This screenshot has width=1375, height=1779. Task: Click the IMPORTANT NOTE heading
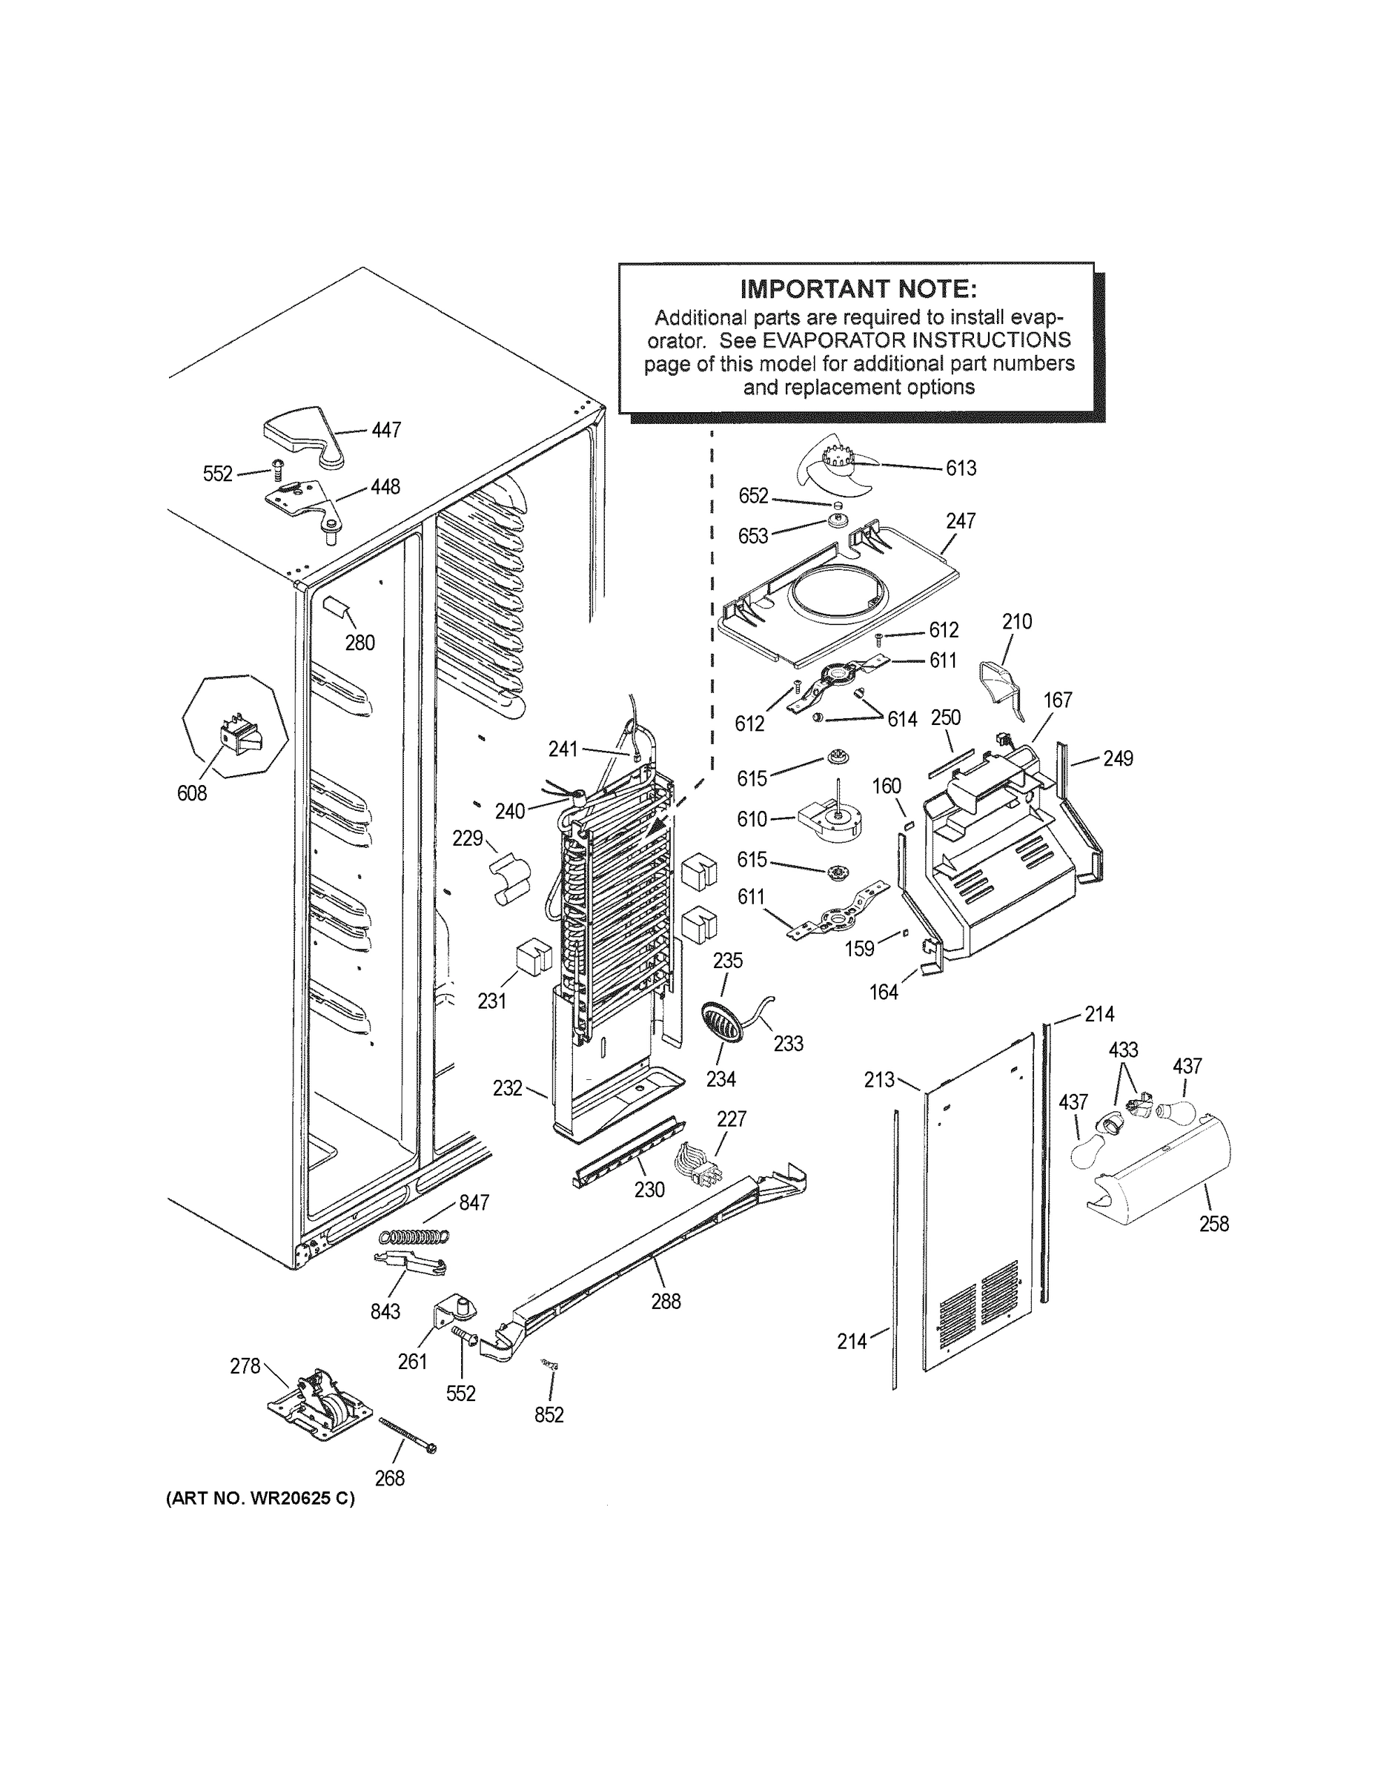point(858,288)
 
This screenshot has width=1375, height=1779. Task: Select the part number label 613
point(961,468)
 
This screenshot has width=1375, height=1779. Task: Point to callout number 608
point(192,792)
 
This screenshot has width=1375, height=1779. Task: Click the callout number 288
point(666,1302)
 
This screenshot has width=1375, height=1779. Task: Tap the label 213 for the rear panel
point(880,1080)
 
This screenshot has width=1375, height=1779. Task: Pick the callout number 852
point(549,1416)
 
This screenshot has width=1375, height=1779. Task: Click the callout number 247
point(961,521)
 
